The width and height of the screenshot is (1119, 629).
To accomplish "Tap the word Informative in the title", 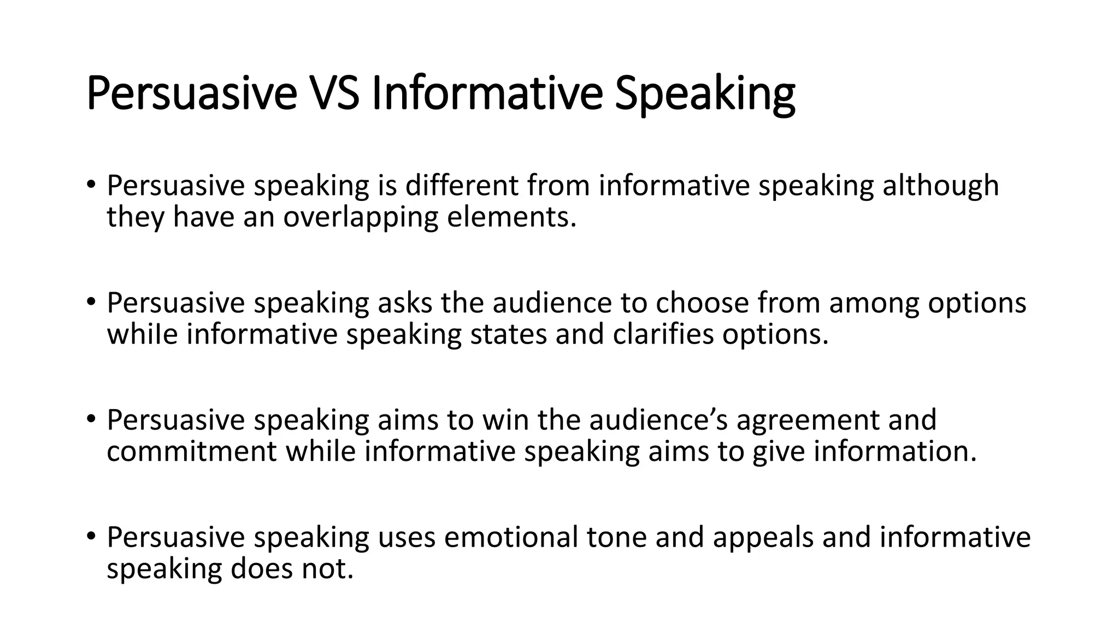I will (486, 94).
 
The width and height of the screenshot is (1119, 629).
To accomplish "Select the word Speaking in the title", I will (705, 94).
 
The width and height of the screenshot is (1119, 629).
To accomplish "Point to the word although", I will (941, 186).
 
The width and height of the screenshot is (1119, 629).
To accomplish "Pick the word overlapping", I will (361, 217).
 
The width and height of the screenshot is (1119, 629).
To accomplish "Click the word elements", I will (512, 217).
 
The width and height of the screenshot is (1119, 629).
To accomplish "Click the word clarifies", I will (663, 334).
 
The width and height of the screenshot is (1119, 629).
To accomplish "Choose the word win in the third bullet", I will (505, 420).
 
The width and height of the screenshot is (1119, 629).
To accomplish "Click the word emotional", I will (511, 537).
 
